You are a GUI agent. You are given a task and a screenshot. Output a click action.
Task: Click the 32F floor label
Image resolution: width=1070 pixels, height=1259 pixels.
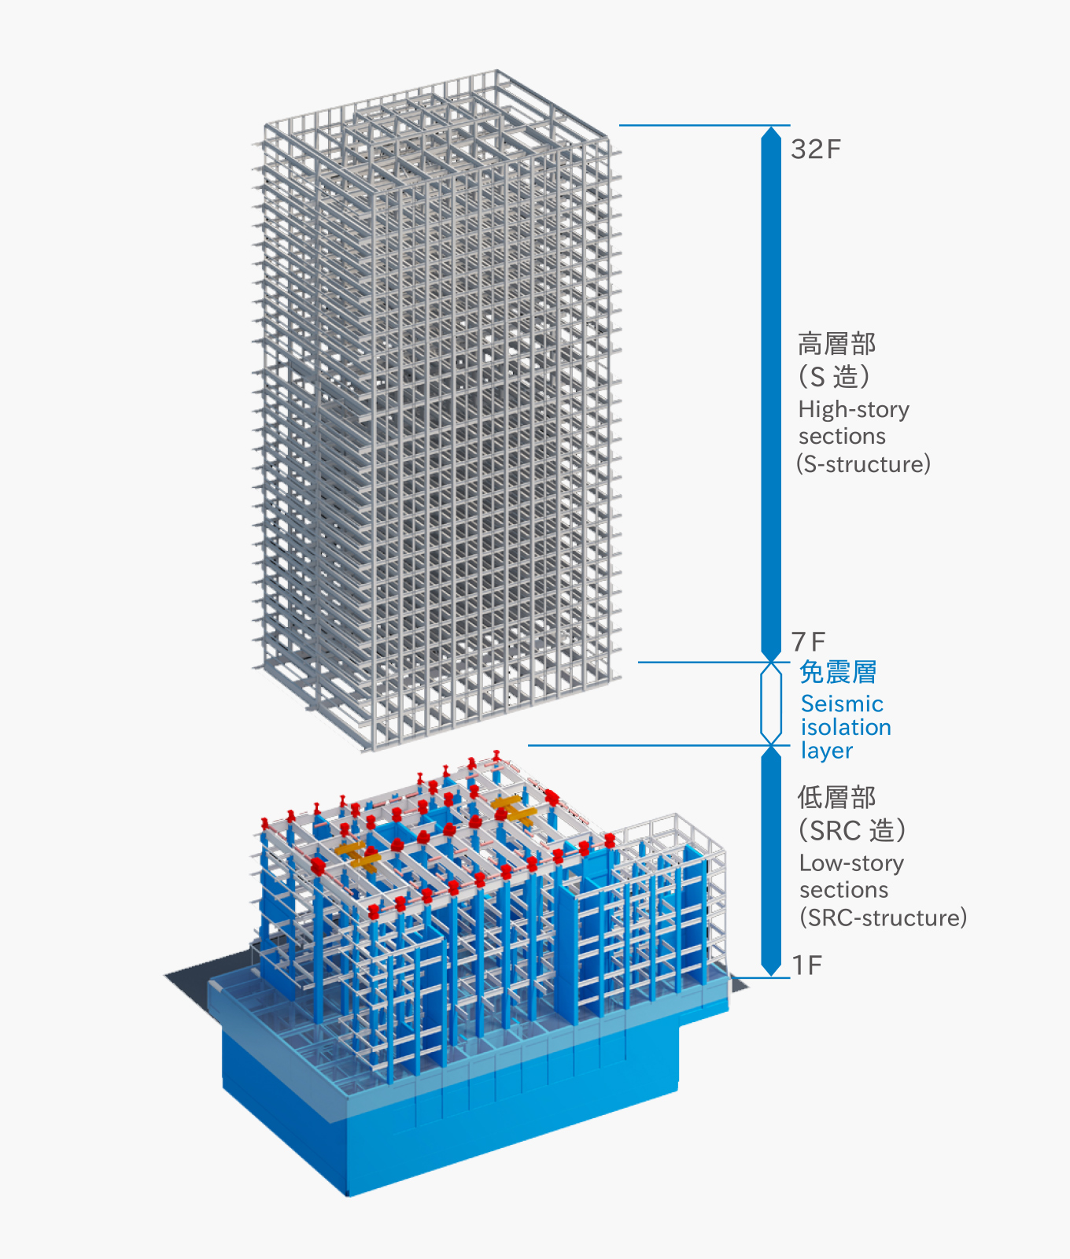(x=816, y=149)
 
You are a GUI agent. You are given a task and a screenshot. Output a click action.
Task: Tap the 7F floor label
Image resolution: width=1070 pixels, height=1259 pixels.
(x=809, y=642)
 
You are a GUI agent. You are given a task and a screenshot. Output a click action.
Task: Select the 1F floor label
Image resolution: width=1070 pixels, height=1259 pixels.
(x=807, y=965)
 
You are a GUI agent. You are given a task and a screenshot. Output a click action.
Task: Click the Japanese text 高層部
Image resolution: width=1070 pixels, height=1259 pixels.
(x=836, y=344)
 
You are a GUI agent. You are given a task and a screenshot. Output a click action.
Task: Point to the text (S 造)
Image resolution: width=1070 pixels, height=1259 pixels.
(x=834, y=376)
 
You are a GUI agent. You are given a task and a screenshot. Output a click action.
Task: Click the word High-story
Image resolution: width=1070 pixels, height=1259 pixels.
(x=854, y=409)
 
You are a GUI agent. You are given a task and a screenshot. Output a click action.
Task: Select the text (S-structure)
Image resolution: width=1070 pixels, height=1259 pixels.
(x=863, y=463)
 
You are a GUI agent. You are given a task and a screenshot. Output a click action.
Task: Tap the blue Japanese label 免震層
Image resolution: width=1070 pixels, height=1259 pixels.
(x=838, y=672)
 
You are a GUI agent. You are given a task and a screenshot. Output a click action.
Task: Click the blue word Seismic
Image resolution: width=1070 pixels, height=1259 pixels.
(x=842, y=703)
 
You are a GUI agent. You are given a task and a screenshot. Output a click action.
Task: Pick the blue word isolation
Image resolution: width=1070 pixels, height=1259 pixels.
(x=846, y=727)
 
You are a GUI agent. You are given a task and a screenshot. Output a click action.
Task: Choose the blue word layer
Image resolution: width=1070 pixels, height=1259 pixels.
(x=826, y=751)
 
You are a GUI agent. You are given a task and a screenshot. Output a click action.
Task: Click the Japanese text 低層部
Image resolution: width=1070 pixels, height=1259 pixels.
(x=836, y=797)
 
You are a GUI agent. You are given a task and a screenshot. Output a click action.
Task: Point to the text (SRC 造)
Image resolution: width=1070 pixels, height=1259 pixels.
(x=852, y=830)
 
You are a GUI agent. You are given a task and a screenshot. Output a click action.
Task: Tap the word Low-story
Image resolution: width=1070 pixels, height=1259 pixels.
(x=851, y=863)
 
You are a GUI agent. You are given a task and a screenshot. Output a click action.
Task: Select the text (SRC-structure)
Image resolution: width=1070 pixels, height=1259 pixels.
(x=883, y=917)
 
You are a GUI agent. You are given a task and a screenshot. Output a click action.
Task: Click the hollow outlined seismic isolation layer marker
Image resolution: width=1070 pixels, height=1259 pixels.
(x=771, y=703)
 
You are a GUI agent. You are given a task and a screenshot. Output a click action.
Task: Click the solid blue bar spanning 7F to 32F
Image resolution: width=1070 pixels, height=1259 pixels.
(x=771, y=393)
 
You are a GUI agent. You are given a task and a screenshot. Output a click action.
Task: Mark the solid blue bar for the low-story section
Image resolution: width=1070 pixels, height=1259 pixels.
(x=771, y=862)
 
